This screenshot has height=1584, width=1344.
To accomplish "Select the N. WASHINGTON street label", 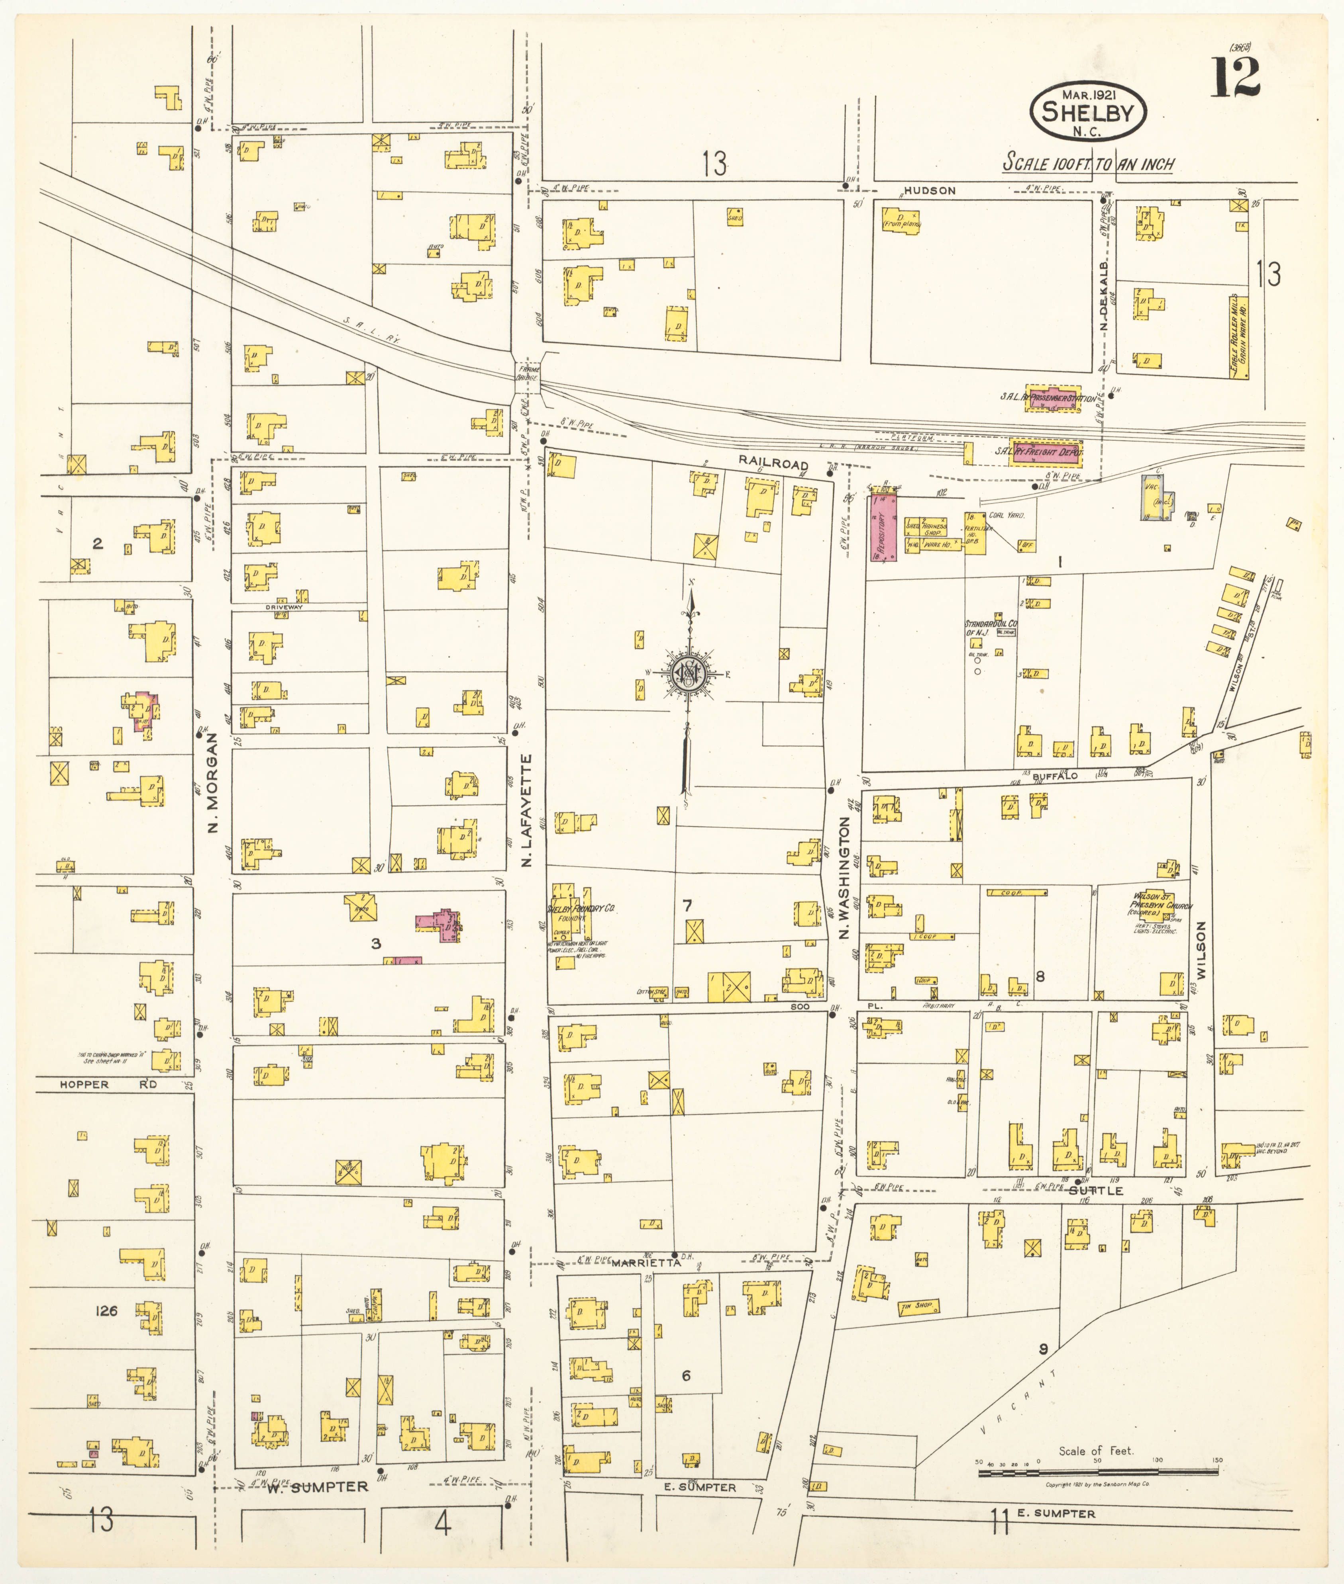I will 844,876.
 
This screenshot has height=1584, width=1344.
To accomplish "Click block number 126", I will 107,1310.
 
